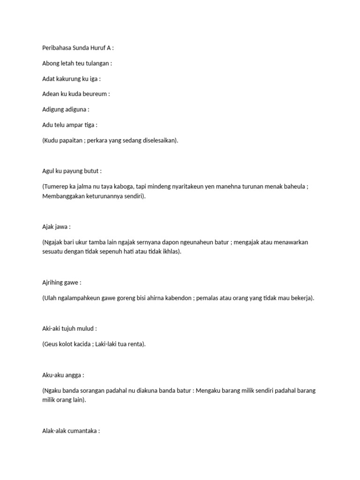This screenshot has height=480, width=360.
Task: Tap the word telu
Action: [x=61, y=125]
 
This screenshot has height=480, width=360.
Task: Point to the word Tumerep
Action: [x=57, y=187]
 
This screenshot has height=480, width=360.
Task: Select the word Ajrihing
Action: [x=53, y=283]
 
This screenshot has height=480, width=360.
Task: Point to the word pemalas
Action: [x=213, y=298]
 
